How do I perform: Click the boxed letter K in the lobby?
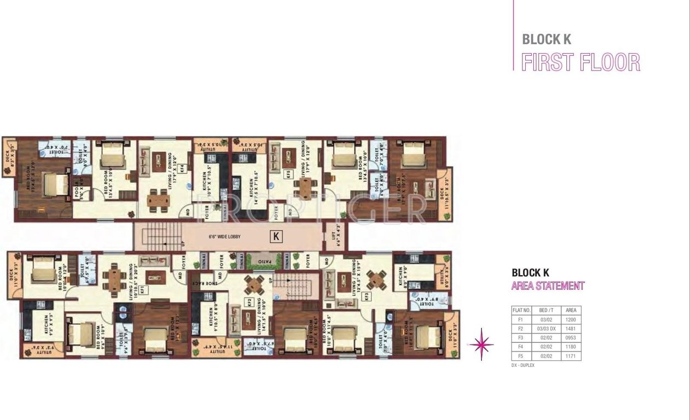[x=277, y=237]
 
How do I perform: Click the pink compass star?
[x=481, y=345]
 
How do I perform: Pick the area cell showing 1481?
[x=571, y=328]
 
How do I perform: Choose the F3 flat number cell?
[x=520, y=337]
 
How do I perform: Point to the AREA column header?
[x=571, y=310]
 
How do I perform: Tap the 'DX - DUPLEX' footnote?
[x=522, y=365]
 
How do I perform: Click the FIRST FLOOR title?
[x=580, y=62]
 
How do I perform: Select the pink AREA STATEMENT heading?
[x=548, y=285]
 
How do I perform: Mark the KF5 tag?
[x=287, y=174]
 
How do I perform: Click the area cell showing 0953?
[x=571, y=337]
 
